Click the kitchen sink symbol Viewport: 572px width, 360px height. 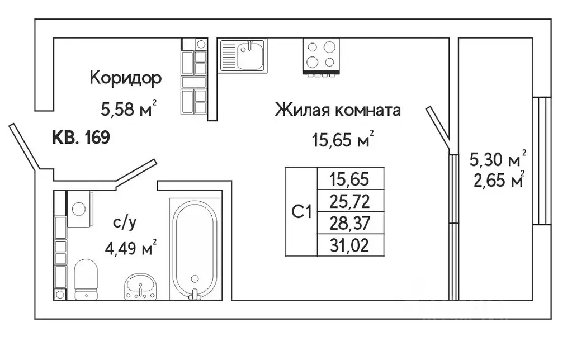[243, 55]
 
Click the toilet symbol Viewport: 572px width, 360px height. [86, 277]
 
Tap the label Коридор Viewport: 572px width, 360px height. [125, 78]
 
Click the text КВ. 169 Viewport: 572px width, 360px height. [81, 137]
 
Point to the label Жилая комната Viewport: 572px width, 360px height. [338, 110]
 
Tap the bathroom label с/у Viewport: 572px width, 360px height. [125, 222]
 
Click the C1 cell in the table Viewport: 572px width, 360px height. [301, 211]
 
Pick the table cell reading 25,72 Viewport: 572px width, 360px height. [349, 201]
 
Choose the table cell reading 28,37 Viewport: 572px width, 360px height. [349, 222]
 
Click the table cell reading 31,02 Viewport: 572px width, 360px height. [349, 244]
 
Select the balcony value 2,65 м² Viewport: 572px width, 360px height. [498, 182]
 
